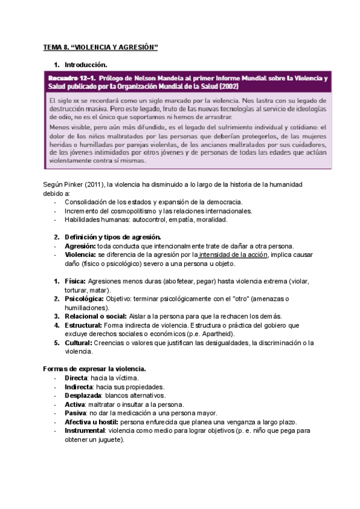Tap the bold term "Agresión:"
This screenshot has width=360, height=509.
pyautogui.click(x=79, y=246)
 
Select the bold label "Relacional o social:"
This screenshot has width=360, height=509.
pyautogui.click(x=95, y=316)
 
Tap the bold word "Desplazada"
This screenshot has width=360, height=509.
pyautogui.click(x=83, y=396)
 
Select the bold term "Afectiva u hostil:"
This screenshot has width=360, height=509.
pyautogui.click(x=91, y=422)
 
